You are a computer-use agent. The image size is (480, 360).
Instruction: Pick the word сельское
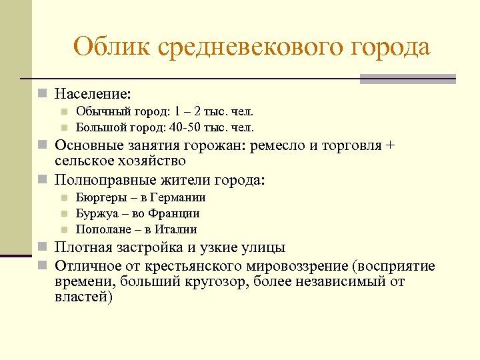coord(85,161)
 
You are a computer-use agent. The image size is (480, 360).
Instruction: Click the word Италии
coord(175,230)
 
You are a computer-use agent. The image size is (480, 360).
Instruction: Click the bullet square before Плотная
coord(43,248)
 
